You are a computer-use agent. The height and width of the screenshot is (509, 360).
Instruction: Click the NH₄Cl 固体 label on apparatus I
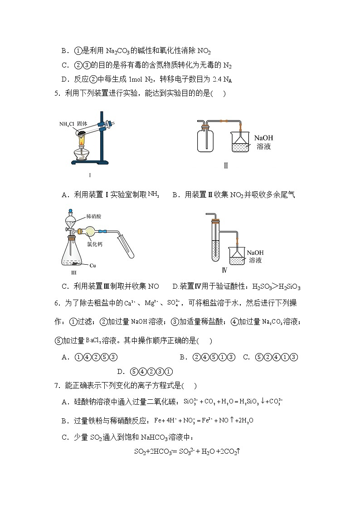[x=73, y=124]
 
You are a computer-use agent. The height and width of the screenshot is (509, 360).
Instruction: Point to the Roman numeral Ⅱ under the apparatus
[x=225, y=165]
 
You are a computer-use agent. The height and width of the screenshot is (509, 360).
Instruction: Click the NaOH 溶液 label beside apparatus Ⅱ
[x=263, y=142]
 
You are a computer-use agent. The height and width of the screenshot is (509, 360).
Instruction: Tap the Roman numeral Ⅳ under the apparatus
[x=224, y=271]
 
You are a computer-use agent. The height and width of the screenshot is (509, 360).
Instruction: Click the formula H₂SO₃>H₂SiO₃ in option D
[x=276, y=286]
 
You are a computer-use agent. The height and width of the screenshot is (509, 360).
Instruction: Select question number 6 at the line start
[x=57, y=303]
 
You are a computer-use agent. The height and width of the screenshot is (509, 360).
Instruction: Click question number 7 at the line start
[x=57, y=386]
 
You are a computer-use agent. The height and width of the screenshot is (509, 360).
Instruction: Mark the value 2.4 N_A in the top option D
[x=222, y=79]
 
